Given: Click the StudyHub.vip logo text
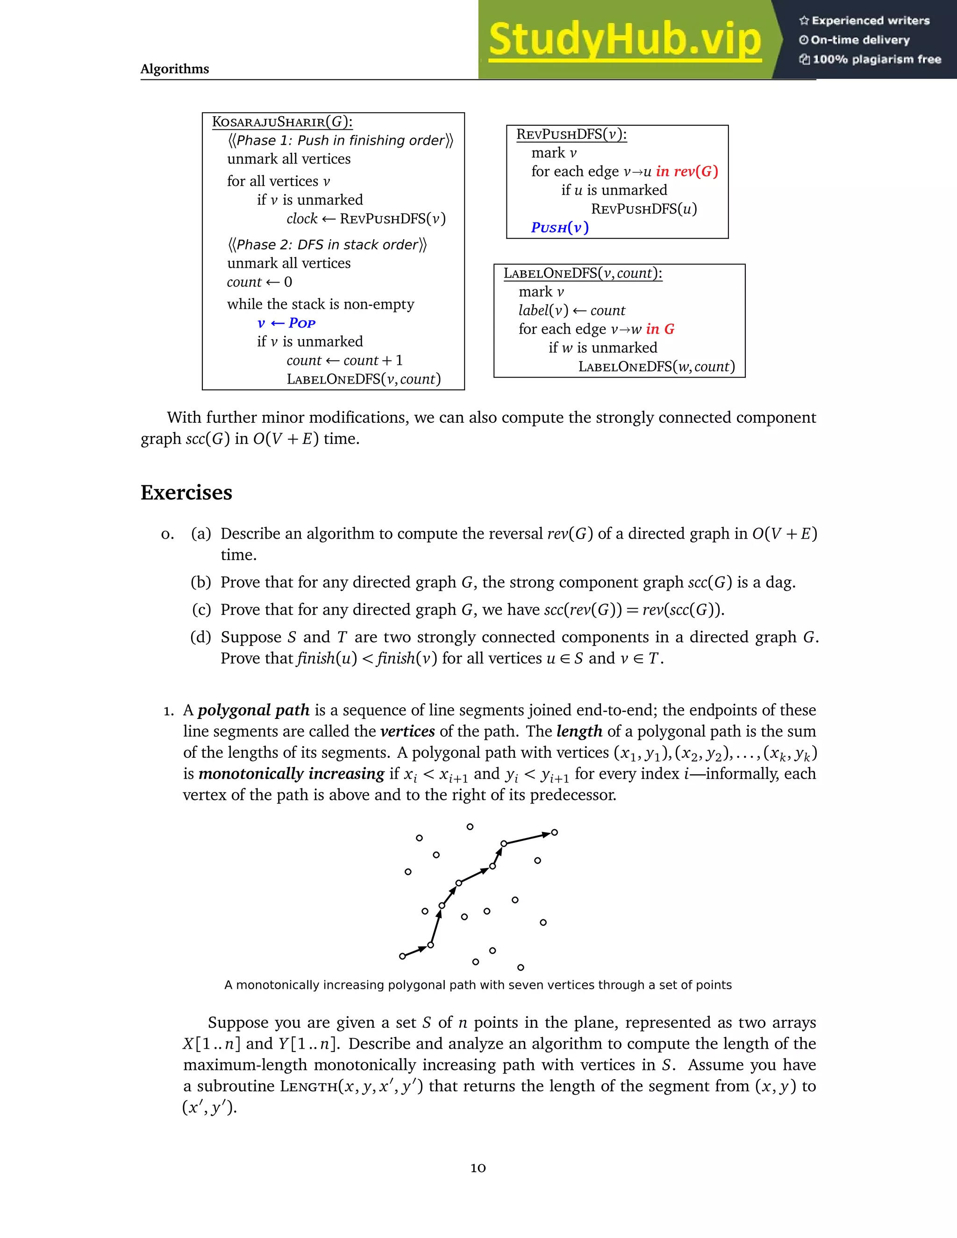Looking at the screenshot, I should coord(624,40).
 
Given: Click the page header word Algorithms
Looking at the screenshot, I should coord(175,69).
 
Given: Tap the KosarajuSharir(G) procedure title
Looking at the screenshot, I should coord(282,122).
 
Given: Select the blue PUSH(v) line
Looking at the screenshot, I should coord(559,228).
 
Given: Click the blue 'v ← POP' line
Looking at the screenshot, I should coord(286,323).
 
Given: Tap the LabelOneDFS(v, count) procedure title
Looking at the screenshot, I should coord(582,273).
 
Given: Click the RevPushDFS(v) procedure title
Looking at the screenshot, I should coord(571,135).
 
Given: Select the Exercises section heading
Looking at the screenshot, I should coord(186,492).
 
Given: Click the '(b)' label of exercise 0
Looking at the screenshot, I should coord(200,582).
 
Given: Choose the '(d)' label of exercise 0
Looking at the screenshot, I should coord(200,637).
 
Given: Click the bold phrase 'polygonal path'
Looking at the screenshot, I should coord(253,710).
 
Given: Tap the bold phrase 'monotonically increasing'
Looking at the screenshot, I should coord(292,774).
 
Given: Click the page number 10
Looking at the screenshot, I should coord(478,1168).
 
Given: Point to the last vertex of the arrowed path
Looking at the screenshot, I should coord(555,832).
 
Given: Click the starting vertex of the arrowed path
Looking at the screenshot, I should coord(402,956).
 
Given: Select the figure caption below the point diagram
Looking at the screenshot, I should coord(478,985).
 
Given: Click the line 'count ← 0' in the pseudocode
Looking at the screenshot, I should coord(260,282).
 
